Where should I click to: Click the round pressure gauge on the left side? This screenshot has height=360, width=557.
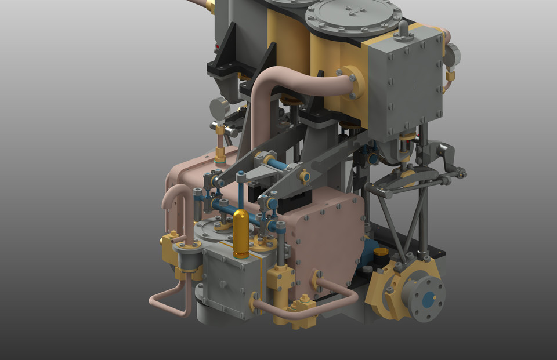click(x=220, y=108)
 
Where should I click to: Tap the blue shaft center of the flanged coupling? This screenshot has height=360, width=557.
click(x=428, y=300)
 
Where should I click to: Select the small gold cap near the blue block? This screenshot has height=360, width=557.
click(x=381, y=253)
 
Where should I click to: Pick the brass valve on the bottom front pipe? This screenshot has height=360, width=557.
click(x=303, y=306)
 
